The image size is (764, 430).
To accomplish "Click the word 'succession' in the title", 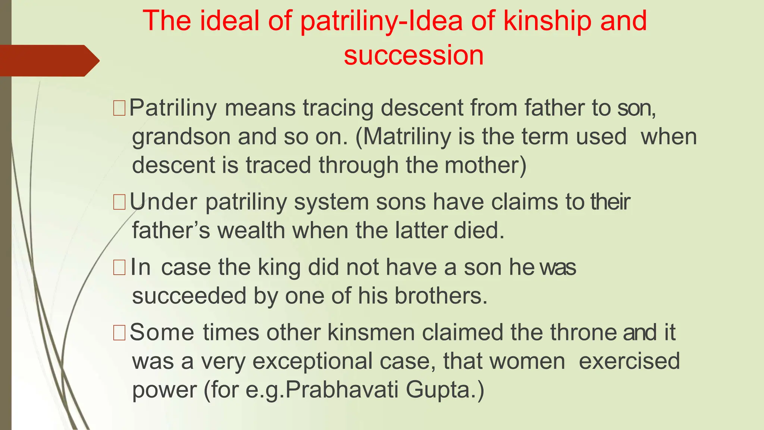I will coord(413,55).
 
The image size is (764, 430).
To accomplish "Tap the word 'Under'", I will coord(163,202).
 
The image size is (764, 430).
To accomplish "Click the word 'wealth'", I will coord(251,230).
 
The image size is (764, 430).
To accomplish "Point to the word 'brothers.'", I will coord(441,296).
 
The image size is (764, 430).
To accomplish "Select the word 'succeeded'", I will coord(189,296).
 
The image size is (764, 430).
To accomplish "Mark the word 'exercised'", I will coord(629,361).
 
